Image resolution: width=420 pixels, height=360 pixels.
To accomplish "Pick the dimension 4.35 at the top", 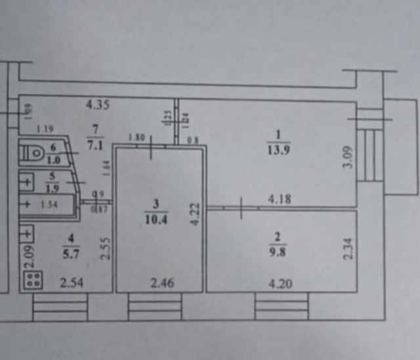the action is coord(98,104).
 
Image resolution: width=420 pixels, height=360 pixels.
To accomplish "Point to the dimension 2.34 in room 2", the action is coord(348,248).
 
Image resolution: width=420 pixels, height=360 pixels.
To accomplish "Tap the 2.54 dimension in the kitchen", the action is coord(72,284).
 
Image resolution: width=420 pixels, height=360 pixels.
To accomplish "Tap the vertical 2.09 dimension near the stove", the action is coord(30,256).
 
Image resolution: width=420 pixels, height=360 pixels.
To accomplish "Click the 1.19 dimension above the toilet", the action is coord(45,129).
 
